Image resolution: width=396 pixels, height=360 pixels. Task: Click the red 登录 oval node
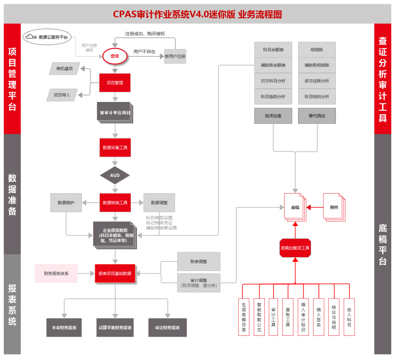tap(115, 56)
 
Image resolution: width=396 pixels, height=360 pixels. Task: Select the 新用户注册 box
tap(175, 56)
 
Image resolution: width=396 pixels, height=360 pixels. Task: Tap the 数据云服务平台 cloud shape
tap(47, 37)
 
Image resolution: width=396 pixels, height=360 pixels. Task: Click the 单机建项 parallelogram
tap(65, 69)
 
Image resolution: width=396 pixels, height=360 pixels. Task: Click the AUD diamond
tap(115, 176)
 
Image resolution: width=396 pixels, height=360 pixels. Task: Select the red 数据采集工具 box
tap(115, 148)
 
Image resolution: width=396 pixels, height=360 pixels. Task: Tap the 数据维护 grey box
tap(66, 202)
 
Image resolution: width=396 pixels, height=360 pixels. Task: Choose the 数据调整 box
tap(159, 202)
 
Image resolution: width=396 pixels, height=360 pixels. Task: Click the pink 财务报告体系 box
tap(56, 273)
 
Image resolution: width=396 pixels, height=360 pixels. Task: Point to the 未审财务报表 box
tap(64, 327)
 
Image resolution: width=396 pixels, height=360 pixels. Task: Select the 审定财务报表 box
tap(168, 327)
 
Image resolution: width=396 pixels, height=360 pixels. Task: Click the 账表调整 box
tap(199, 261)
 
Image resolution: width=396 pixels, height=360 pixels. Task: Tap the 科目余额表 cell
tap(273, 49)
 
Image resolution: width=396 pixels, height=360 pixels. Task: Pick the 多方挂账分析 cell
tap(317, 81)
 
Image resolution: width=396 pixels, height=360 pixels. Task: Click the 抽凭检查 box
tap(273, 116)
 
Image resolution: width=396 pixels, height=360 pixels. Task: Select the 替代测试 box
tap(317, 116)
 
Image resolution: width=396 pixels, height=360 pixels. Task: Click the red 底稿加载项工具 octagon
tap(295, 248)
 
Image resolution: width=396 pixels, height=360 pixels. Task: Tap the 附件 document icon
tap(334, 207)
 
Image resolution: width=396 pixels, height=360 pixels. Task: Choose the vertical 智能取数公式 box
tap(259, 317)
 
